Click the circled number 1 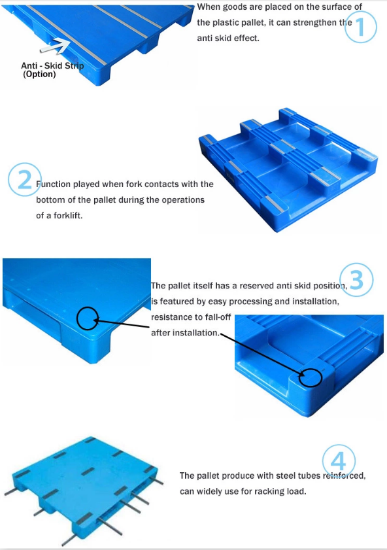click(x=361, y=27)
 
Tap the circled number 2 click(x=25, y=179)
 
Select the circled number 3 click(x=357, y=281)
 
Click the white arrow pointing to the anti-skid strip click(x=55, y=46)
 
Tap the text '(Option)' click(x=39, y=74)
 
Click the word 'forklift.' click(x=68, y=215)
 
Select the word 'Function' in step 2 click(x=54, y=184)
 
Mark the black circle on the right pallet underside click(x=311, y=377)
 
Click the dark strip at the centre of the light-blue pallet click(x=88, y=472)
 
